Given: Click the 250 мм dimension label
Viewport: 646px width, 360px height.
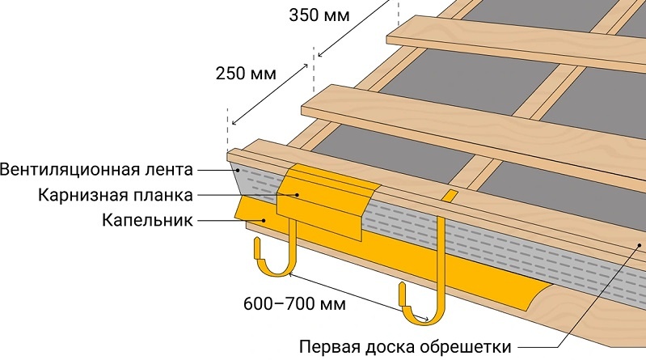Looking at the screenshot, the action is click(246, 73).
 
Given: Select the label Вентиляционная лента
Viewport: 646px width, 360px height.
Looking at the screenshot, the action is click(97, 171).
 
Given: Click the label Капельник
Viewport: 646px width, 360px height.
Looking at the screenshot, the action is click(147, 220).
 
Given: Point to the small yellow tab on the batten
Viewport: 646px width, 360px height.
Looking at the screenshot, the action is click(450, 195).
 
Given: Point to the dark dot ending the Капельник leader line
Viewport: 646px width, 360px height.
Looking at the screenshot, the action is click(262, 219).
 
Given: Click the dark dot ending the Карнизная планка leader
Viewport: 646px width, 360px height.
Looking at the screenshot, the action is click(297, 195).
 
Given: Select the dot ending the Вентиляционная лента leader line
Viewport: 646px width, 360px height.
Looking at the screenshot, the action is click(236, 171).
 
